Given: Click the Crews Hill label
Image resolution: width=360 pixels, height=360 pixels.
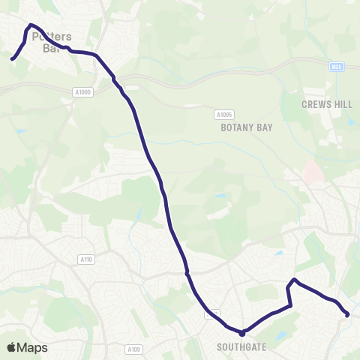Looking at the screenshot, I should pyautogui.click(x=326, y=105).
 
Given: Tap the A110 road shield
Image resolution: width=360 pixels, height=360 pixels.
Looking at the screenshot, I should pyautogui.click(x=86, y=259).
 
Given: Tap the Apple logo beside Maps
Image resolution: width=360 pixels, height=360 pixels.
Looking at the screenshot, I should pyautogui.click(x=12, y=347).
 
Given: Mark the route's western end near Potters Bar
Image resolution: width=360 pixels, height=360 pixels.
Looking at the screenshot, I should pyautogui.click(x=12, y=58).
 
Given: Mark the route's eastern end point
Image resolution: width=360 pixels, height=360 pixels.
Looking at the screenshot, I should pyautogui.click(x=347, y=315).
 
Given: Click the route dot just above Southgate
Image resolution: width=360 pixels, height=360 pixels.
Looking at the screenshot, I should pyautogui.click(x=242, y=333).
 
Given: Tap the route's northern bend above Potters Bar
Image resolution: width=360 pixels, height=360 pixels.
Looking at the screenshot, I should pyautogui.click(x=31, y=26).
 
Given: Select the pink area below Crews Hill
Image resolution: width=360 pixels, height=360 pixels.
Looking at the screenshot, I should pyautogui.click(x=313, y=173).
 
